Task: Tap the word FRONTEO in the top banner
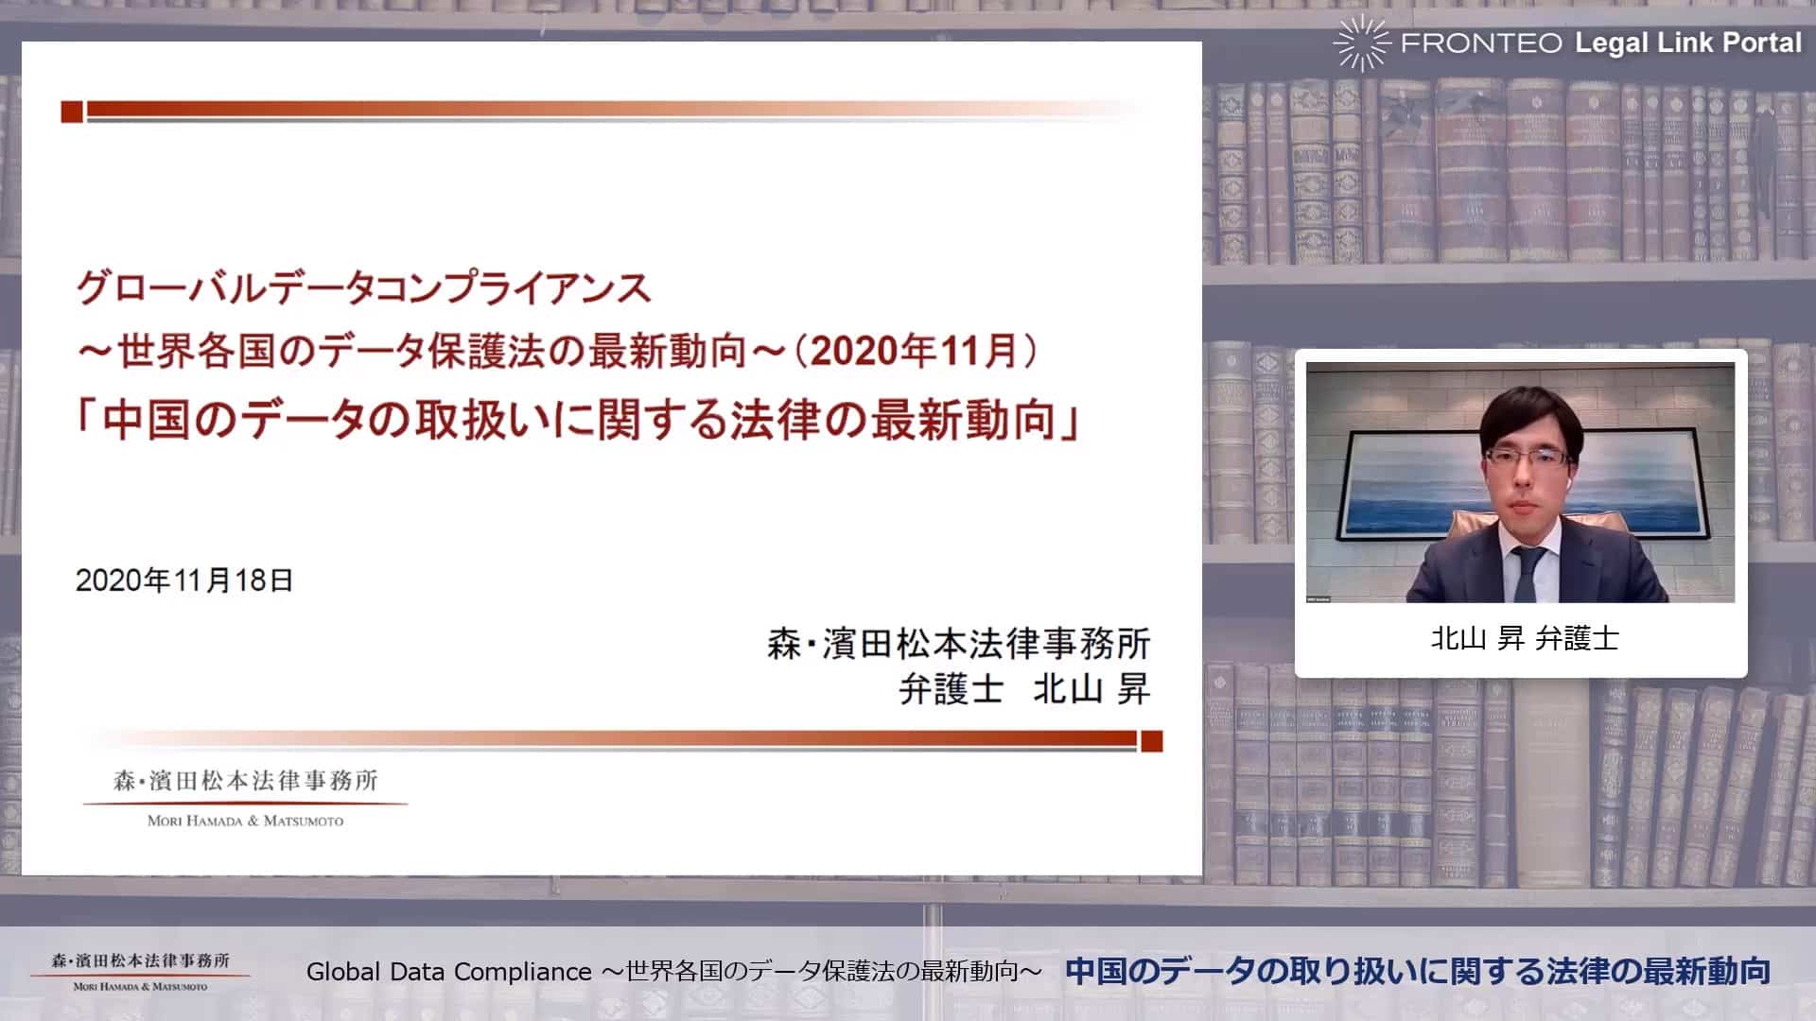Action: point(1481,43)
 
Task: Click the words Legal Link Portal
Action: point(1688,43)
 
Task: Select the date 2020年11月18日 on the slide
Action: point(184,580)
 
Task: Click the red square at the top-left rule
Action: point(72,112)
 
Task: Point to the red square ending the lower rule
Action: point(1151,741)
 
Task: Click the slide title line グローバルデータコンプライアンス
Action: point(364,287)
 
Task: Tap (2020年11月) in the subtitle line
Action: point(916,351)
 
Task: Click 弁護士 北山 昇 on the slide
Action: point(1024,689)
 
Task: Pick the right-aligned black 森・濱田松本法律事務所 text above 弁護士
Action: point(959,644)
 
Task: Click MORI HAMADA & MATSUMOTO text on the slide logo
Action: point(245,821)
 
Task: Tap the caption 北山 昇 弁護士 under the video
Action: point(1525,638)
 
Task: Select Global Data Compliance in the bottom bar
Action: point(449,972)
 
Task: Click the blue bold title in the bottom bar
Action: point(1418,971)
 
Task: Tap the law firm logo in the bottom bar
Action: point(141,972)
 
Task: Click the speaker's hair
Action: point(1530,414)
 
